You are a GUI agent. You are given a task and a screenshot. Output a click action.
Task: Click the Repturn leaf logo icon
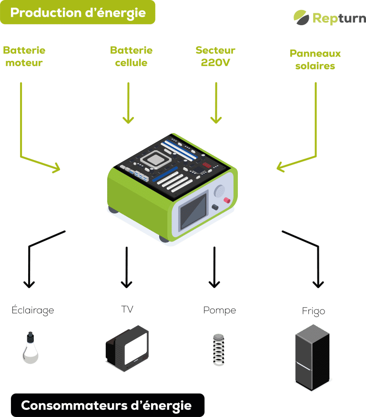click(301, 17)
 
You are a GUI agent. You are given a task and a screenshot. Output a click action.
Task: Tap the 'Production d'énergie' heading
click(78, 12)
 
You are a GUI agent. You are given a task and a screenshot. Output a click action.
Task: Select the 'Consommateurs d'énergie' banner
click(106, 405)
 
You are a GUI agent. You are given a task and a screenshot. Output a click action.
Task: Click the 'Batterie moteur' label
click(24, 56)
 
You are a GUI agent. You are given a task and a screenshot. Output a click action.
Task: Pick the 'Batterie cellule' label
click(131, 56)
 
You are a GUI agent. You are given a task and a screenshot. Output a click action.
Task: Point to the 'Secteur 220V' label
click(215, 56)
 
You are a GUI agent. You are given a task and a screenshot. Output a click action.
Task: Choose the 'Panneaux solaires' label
click(315, 60)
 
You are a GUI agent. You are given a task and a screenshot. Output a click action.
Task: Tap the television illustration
click(127, 348)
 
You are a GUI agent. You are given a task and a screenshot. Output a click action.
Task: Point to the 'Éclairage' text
click(33, 310)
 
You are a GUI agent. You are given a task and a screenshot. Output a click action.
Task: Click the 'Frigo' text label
click(313, 311)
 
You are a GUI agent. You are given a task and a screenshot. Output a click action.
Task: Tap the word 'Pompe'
click(219, 310)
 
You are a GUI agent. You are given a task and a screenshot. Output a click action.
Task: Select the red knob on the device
click(227, 200)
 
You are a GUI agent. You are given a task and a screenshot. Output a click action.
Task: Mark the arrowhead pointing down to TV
click(126, 284)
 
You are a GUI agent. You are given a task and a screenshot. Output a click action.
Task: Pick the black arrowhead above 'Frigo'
click(318, 283)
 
